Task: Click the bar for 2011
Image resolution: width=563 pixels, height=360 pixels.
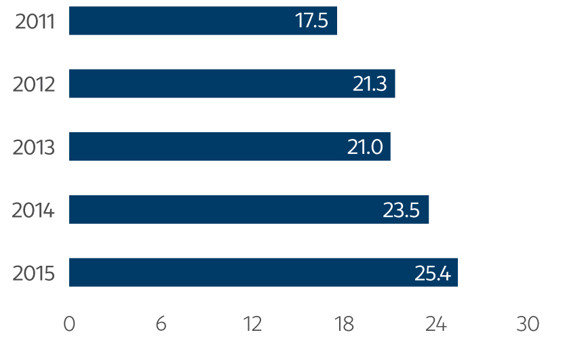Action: (203, 20)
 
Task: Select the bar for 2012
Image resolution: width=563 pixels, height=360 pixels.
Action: (232, 83)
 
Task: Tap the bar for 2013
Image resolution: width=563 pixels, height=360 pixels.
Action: (229, 146)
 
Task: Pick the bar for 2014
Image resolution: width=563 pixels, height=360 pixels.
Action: (249, 209)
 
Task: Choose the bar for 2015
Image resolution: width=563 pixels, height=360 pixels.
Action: (263, 273)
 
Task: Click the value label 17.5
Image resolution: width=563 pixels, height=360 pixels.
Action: (311, 21)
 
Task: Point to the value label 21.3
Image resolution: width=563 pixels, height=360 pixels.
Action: (370, 84)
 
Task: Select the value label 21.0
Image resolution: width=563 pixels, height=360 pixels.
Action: (365, 147)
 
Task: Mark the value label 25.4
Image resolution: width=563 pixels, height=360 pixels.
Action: (433, 273)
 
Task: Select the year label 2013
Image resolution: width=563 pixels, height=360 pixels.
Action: (34, 147)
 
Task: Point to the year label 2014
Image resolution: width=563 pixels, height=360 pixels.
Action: (33, 210)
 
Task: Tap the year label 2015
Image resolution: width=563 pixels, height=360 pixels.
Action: (34, 273)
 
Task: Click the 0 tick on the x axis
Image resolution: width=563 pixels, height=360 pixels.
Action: (69, 324)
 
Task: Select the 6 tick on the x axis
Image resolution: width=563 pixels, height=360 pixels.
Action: (161, 324)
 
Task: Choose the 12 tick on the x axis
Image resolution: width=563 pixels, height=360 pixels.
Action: (252, 324)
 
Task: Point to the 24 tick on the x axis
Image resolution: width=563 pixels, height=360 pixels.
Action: (436, 324)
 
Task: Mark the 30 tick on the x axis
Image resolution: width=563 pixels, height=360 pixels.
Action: (528, 324)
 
